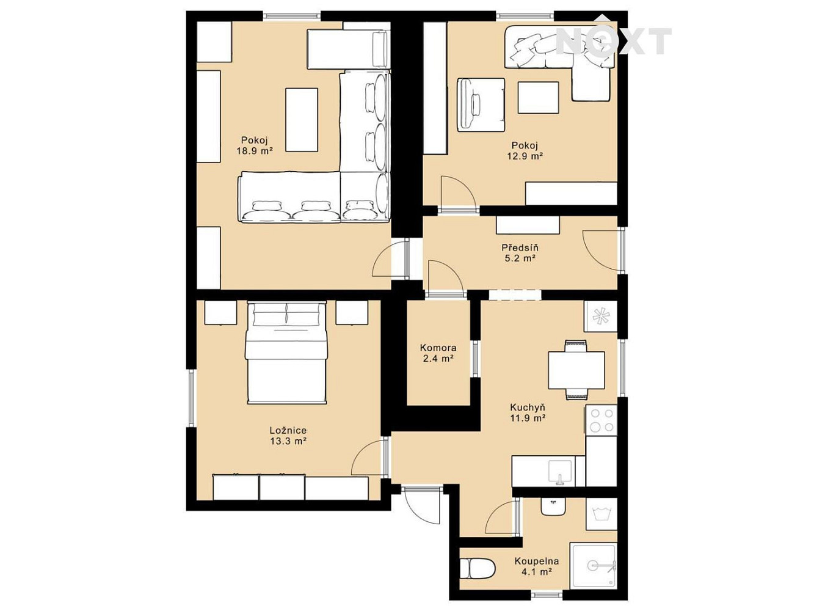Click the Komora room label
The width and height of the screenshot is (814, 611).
438,348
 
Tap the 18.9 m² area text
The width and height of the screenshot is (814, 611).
255,151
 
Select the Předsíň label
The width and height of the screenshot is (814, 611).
520,247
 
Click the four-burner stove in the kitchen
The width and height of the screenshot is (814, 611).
601,420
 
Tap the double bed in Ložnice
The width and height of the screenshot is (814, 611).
286,353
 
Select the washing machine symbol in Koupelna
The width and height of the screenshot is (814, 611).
601,514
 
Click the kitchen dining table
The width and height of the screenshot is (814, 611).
576,370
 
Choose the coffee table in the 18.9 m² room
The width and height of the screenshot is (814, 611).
302,120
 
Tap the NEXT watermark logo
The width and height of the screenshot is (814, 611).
613,40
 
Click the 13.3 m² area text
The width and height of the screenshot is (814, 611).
288,442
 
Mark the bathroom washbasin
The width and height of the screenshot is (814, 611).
553,506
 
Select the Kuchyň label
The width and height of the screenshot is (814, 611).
528,408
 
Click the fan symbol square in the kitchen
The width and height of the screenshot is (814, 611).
600,316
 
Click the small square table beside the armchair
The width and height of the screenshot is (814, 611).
539,98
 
